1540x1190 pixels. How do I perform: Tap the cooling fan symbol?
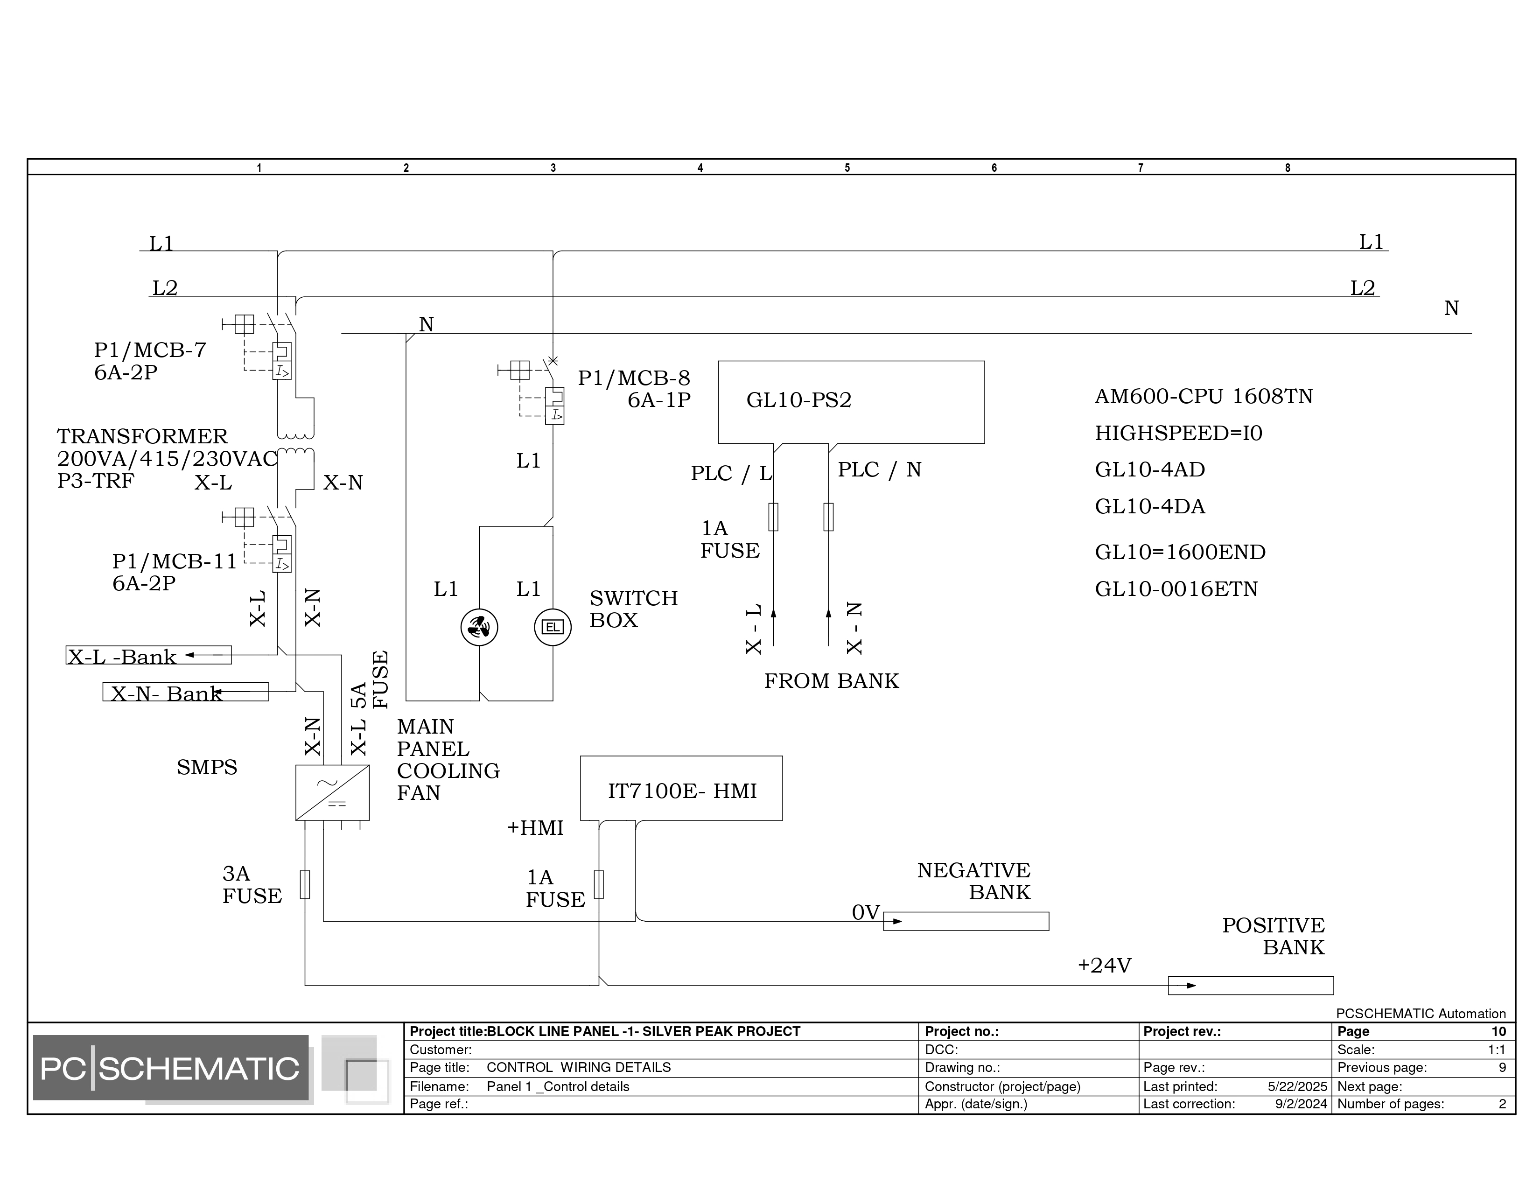(479, 627)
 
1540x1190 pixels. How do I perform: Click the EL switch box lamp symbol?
(553, 627)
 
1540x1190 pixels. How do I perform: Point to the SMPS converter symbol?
(332, 793)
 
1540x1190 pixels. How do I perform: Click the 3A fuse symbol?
(305, 884)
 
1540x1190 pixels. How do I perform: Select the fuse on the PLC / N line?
(828, 517)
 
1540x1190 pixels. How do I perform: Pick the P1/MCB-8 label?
(634, 378)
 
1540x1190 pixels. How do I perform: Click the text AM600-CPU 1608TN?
(1204, 396)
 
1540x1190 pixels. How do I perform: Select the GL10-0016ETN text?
(1176, 588)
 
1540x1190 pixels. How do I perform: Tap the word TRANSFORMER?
(142, 436)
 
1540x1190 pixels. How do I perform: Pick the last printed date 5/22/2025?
(1297, 1086)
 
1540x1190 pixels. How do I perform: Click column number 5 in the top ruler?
(847, 168)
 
